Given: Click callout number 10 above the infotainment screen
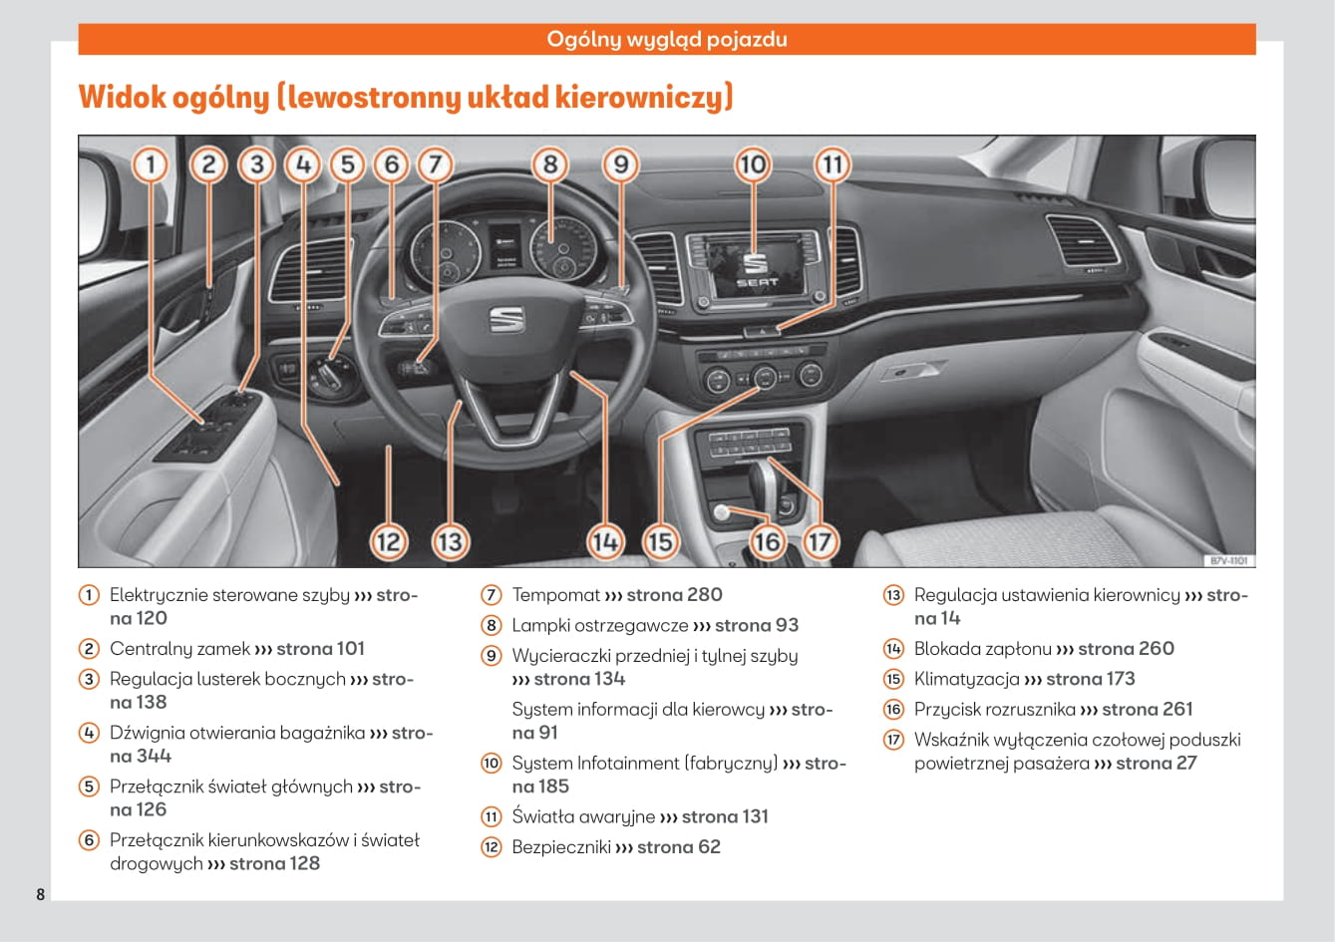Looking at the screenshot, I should (753, 164).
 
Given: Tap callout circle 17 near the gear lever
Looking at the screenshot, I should (819, 542).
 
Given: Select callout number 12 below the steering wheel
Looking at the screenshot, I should (389, 542).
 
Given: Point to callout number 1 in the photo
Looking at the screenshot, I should (151, 164).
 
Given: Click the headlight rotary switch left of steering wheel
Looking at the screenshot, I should (333, 374).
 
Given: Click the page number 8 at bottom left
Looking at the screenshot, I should (41, 893).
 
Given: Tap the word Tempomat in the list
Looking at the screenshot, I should (555, 595).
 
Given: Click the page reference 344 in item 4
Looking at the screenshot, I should (154, 756).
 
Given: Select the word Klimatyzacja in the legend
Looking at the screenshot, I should (966, 679).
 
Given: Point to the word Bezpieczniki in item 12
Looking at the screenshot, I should (560, 847).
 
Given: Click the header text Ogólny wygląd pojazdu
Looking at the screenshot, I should (667, 40).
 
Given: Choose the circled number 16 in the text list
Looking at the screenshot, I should (893, 710).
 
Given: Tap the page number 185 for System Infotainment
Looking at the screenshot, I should (553, 786).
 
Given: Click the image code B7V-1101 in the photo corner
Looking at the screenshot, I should (1229, 561).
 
